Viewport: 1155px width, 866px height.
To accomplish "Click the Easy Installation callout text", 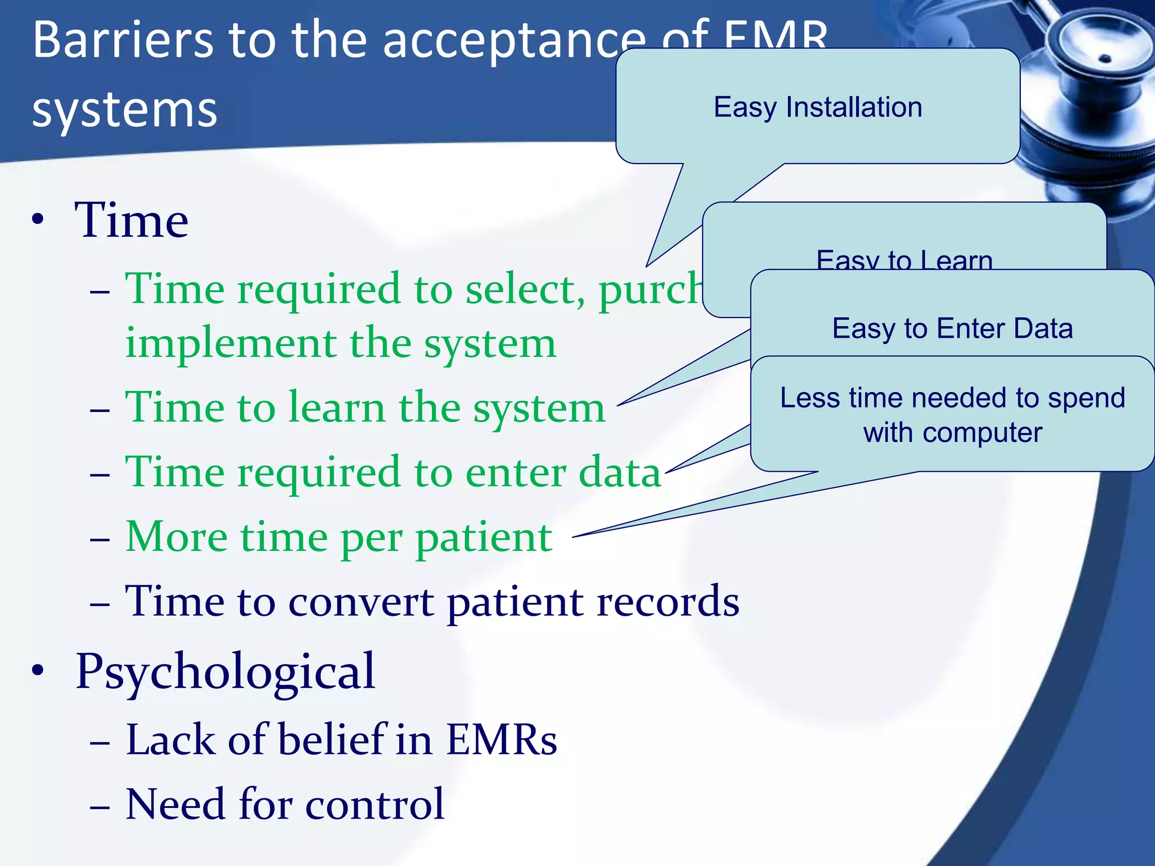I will [x=817, y=107].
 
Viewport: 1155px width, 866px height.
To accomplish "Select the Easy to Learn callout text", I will [x=904, y=260].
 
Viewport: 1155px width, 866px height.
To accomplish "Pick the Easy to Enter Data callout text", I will [x=952, y=328].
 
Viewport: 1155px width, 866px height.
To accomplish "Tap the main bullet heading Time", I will [x=131, y=220].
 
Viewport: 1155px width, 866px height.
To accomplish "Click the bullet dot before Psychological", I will [x=38, y=670].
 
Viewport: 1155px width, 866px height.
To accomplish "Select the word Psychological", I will [x=225, y=671].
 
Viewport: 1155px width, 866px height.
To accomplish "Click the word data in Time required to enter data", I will [x=619, y=472].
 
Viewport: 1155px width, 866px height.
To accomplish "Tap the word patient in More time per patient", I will [x=484, y=537].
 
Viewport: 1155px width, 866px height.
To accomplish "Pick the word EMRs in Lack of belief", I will [x=501, y=740].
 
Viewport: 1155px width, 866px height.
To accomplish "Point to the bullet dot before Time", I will [x=38, y=220].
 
